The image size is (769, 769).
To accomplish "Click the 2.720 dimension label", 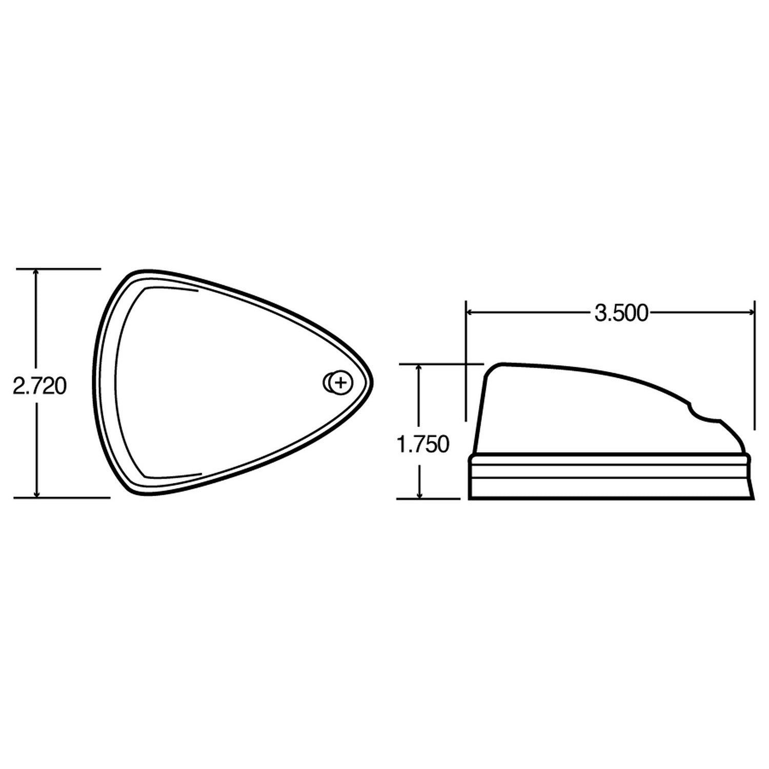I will pyautogui.click(x=39, y=386).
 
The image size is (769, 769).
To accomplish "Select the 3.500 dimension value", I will pyautogui.click(x=621, y=313).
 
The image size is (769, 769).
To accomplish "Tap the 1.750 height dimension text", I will pyautogui.click(x=423, y=444).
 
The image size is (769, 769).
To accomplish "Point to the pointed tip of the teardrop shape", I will pyautogui.click(x=372, y=382).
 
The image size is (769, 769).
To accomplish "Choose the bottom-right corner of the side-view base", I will pyautogui.click(x=754, y=498).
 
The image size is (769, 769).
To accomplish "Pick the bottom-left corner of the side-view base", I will pyautogui.click(x=470, y=498).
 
